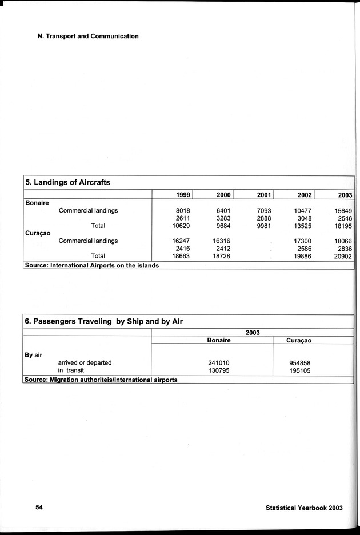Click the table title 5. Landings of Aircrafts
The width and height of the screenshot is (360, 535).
67,182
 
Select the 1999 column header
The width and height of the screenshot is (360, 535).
182,195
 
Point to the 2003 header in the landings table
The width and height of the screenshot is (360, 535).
345,195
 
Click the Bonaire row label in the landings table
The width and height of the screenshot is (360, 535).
37,203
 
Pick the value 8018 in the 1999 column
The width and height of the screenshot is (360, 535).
182,211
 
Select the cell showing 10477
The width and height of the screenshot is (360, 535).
302,211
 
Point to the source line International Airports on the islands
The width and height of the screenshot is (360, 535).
91,265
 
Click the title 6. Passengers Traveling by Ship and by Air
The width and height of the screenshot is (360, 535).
103,321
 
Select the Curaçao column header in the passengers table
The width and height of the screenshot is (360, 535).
303,340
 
